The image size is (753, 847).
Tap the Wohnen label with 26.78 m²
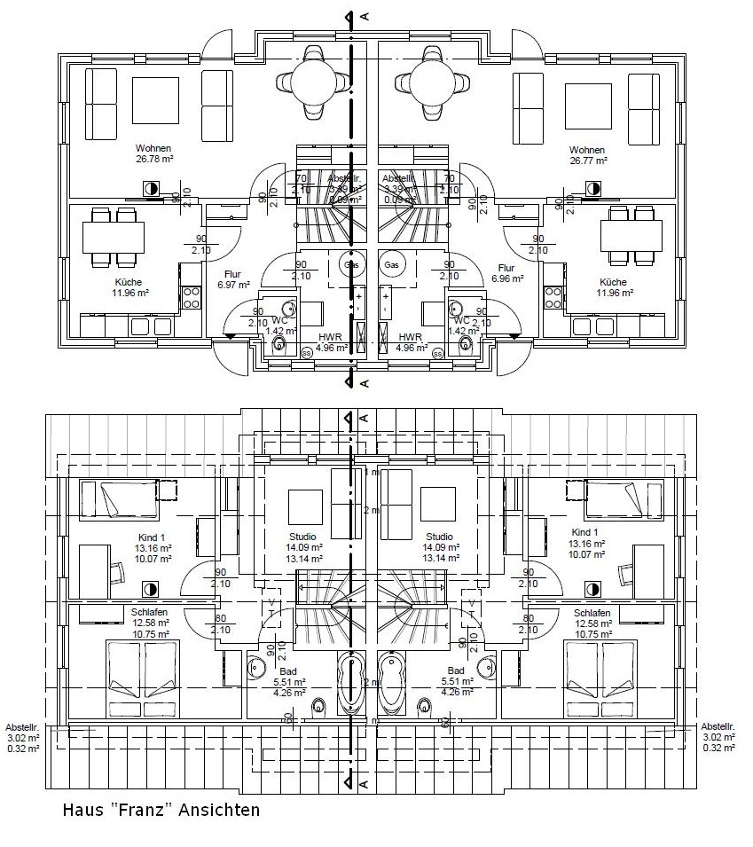click(153, 153)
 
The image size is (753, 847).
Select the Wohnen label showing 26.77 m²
click(587, 155)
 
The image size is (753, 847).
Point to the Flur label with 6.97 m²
click(232, 279)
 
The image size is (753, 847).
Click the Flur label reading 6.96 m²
click(506, 273)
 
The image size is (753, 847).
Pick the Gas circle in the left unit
click(351, 265)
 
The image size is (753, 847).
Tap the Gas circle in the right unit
click(390, 265)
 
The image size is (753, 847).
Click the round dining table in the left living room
click(312, 82)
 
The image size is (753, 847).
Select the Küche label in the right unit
click(612, 286)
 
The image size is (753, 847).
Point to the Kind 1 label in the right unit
click(586, 537)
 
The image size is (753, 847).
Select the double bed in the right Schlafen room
click(604, 678)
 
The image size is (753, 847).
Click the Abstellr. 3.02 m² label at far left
click(22, 735)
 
